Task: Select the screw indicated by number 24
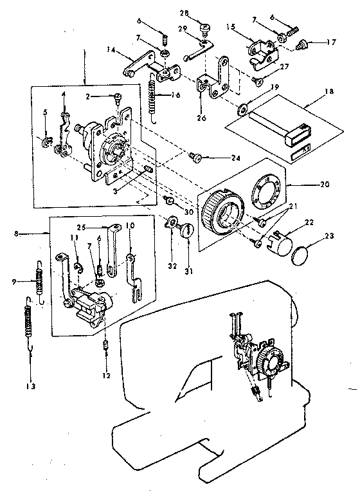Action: click(194, 156)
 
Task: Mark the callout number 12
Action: click(107, 375)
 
